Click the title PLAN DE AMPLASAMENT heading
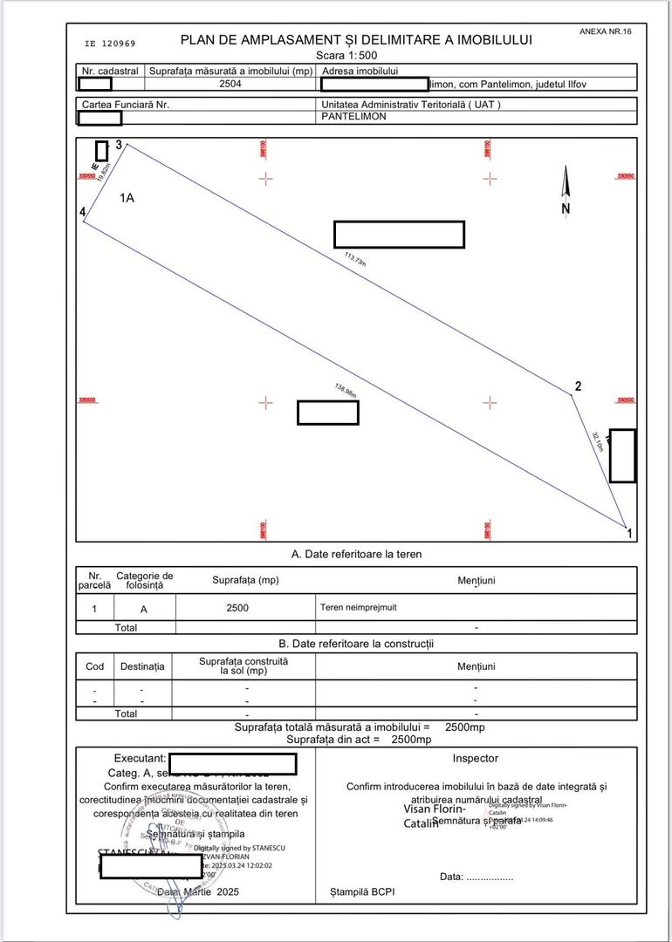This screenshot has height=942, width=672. pos(355,40)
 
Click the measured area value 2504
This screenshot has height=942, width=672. pos(230,85)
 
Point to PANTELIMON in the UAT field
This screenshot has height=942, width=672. pos(353,116)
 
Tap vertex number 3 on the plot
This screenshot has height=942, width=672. pos(118,145)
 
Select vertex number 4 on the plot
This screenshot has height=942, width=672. pos(82,212)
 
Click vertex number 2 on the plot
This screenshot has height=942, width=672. pos(578,386)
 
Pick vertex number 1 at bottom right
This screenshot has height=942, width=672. pos(630,534)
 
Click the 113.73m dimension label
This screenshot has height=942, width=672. pos(355,260)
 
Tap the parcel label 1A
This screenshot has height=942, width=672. pos(127,198)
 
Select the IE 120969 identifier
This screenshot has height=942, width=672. pos(110,43)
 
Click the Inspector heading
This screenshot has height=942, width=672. pos(475,759)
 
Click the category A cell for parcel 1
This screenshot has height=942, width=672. pos(144,610)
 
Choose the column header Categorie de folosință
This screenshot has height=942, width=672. pos(145,581)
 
